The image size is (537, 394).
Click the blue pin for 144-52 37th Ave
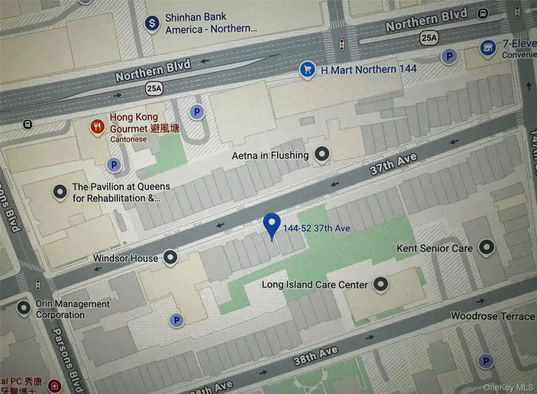pos(272,225)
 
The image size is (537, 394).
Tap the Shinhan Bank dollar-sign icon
pos(152,24)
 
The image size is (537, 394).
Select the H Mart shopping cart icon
pos(307,70)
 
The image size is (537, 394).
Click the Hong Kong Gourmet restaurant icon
pos(97,126)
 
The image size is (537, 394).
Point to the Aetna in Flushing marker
pos(322,155)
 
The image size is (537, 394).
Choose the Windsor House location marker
pos(171,258)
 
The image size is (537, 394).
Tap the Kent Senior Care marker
pos(487,247)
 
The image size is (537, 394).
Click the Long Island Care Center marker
pos(381,285)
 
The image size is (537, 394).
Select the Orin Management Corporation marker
pos(24,308)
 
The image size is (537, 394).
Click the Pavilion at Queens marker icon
pos(60,192)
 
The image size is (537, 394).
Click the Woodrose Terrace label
pos(492,316)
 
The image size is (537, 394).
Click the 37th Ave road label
pos(393,164)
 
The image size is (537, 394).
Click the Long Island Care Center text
pos(314,285)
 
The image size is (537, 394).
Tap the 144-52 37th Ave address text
pos(316,228)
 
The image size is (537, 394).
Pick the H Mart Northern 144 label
pos(369,69)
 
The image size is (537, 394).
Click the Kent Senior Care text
pos(434,248)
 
